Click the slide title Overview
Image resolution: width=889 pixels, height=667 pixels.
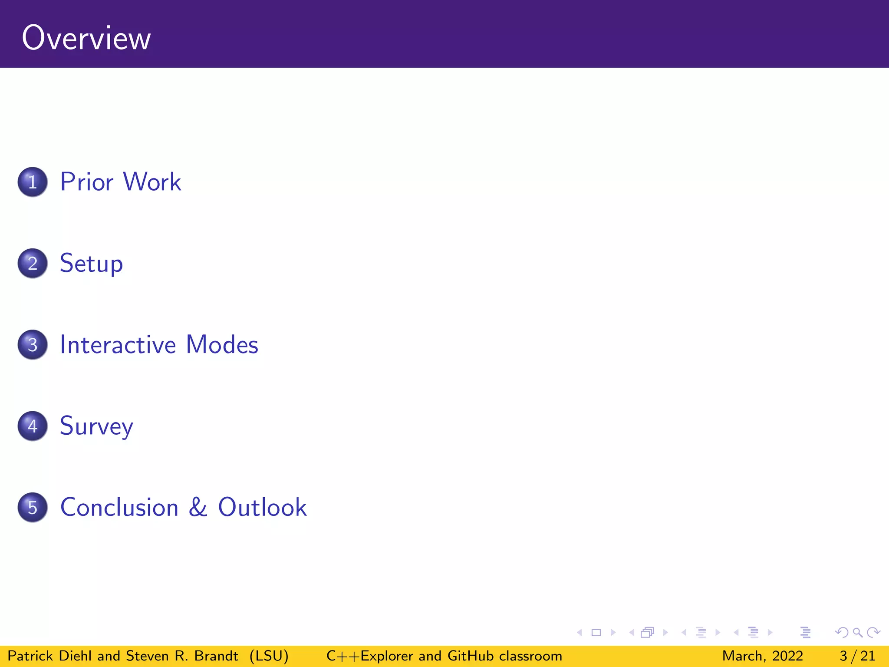click(x=86, y=38)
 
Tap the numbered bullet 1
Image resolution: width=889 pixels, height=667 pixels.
click(x=33, y=182)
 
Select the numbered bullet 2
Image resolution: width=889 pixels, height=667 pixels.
click(x=33, y=263)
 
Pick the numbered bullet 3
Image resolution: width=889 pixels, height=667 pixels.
click(x=33, y=345)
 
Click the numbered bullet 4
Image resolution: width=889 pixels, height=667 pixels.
click(x=33, y=426)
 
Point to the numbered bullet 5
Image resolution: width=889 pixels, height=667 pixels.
click(x=33, y=507)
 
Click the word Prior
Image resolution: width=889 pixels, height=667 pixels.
click(x=87, y=182)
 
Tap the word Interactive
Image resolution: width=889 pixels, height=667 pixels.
click(x=118, y=345)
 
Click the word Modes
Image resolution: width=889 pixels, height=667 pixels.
click(x=222, y=345)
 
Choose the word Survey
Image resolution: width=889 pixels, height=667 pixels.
click(x=96, y=426)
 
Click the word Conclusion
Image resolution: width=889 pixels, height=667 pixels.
click(x=119, y=507)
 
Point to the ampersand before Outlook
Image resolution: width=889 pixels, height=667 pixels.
click(x=198, y=507)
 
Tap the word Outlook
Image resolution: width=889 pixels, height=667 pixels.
click(x=262, y=507)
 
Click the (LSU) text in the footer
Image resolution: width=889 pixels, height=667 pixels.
click(x=269, y=656)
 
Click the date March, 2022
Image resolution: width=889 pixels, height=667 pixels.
click(x=762, y=656)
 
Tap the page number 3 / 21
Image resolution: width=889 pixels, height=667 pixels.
click(x=857, y=656)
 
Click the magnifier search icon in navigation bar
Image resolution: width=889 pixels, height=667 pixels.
click(x=857, y=633)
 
